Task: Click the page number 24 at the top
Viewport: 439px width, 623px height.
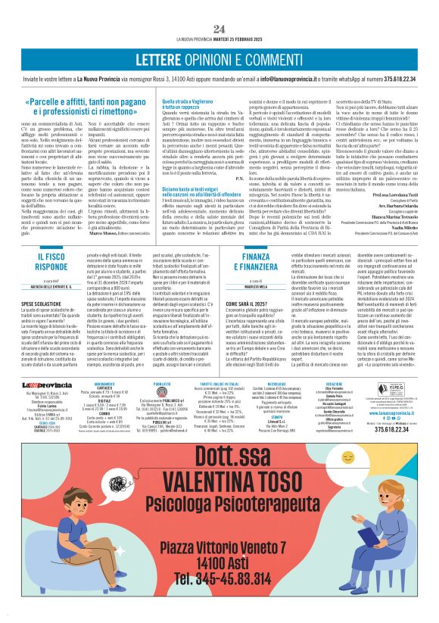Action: coord(219,8)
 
